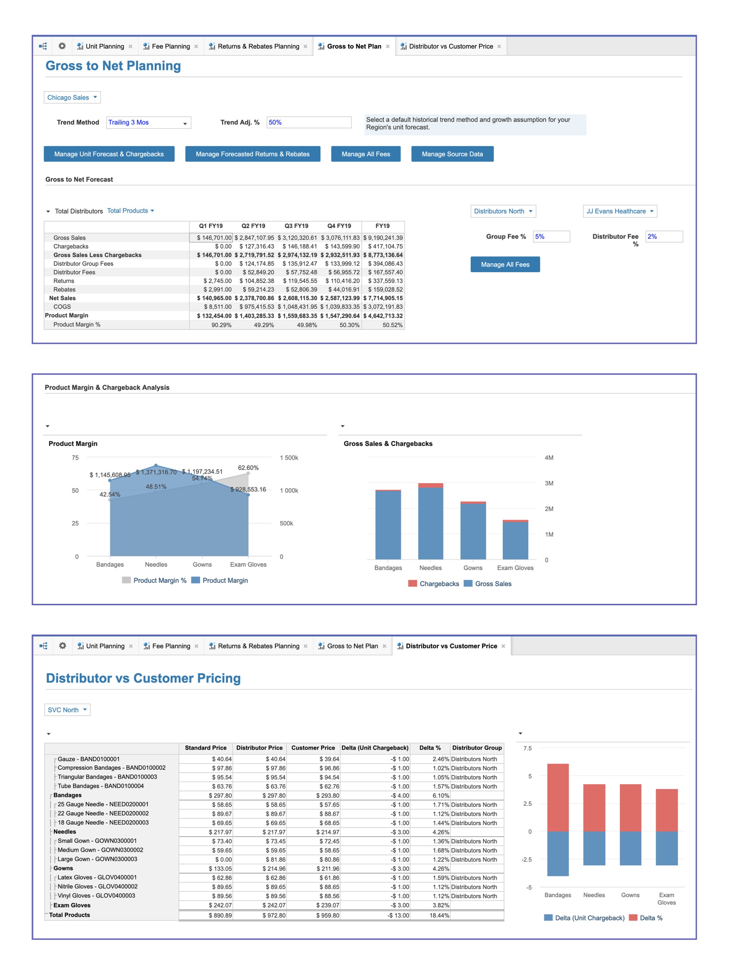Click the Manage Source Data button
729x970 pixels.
452,154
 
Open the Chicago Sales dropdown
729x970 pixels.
72,97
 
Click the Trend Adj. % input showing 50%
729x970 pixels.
308,122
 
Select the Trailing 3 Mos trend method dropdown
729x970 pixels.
148,123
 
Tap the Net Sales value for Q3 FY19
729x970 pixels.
297,298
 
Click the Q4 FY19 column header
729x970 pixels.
339,226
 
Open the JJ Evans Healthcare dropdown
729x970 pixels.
620,211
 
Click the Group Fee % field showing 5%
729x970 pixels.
551,237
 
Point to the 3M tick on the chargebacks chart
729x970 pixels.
549,483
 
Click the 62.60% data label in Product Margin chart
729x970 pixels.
248,468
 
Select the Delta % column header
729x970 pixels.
430,748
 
